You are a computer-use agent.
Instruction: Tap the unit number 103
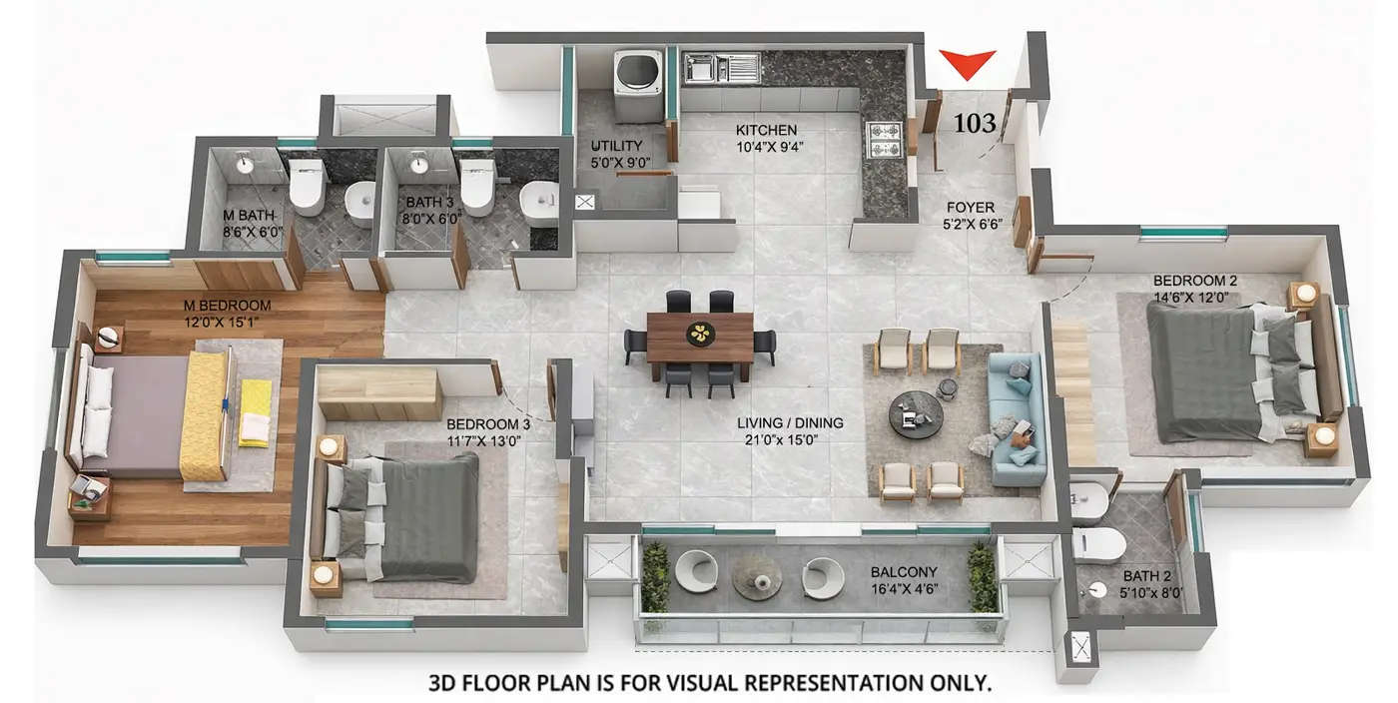click(975, 124)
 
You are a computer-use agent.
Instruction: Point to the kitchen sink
click(721, 68)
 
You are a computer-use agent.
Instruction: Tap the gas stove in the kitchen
click(884, 140)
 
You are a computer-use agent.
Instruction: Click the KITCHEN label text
click(766, 130)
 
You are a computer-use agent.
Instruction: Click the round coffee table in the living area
click(916, 413)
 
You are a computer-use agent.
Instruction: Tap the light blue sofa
click(1017, 418)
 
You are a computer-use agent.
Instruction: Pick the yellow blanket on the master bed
click(206, 415)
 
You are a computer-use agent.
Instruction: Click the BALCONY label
click(903, 572)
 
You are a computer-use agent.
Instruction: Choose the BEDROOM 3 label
click(487, 424)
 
